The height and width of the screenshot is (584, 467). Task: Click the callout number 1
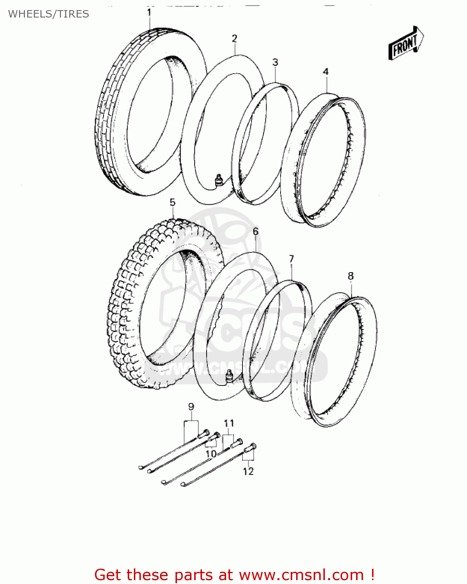(149, 12)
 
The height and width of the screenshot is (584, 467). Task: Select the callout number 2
(234, 39)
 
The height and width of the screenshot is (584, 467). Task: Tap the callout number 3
(275, 62)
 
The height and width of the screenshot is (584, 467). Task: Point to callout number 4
(326, 72)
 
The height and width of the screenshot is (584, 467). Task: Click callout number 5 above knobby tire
(172, 202)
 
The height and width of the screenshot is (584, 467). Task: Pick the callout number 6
(256, 231)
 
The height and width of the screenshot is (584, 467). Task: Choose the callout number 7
(291, 259)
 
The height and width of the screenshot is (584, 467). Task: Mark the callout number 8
(351, 276)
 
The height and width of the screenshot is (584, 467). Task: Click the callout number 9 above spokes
(191, 407)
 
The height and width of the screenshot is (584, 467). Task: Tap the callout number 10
(211, 454)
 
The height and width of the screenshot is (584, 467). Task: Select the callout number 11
(229, 423)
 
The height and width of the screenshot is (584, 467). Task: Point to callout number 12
(248, 471)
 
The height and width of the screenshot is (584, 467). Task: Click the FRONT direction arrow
(406, 44)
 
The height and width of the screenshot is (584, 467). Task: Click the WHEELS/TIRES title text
(49, 14)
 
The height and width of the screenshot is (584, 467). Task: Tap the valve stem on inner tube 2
(219, 179)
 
